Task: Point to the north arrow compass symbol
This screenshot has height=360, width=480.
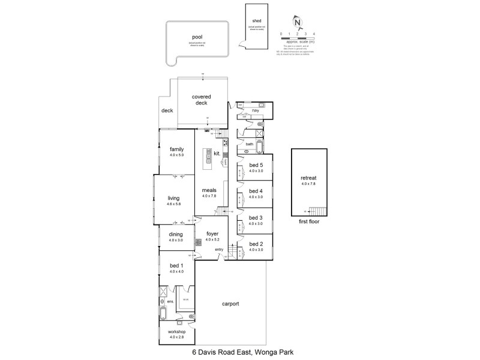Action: click(x=293, y=20)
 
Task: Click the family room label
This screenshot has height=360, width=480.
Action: click(x=176, y=149)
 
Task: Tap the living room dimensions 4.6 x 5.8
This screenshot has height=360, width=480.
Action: click(x=174, y=204)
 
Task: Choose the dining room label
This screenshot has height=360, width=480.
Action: click(x=176, y=235)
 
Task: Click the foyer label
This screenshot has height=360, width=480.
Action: click(x=212, y=234)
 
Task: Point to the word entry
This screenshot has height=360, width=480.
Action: click(x=219, y=250)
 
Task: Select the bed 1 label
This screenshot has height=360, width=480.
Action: click(x=175, y=265)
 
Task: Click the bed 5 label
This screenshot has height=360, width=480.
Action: click(x=256, y=164)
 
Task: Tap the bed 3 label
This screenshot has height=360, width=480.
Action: click(x=256, y=217)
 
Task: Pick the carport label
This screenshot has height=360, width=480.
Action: click(x=230, y=304)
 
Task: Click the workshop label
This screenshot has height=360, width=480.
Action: click(x=176, y=332)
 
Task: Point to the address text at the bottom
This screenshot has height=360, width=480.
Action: click(x=242, y=353)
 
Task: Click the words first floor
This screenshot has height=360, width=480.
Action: click(x=308, y=221)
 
